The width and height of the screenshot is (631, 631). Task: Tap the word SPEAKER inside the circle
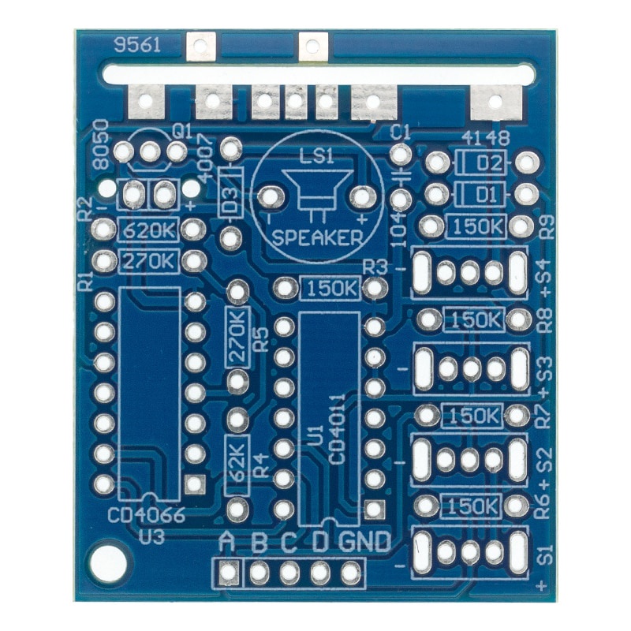pos(318,237)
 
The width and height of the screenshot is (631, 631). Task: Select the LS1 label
pos(316,156)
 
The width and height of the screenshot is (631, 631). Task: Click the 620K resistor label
pos(149,230)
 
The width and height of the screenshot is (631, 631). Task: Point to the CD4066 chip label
pos(147,516)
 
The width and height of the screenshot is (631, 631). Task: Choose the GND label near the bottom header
pos(364,542)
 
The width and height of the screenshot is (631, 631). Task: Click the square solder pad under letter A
pos(229,572)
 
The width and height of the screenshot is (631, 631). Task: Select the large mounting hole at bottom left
pos(107,562)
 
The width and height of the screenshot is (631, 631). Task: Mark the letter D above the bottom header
pos(319,543)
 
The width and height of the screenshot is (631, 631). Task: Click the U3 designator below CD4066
pos(151,537)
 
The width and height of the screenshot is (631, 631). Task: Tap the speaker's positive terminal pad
pos(362,197)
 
